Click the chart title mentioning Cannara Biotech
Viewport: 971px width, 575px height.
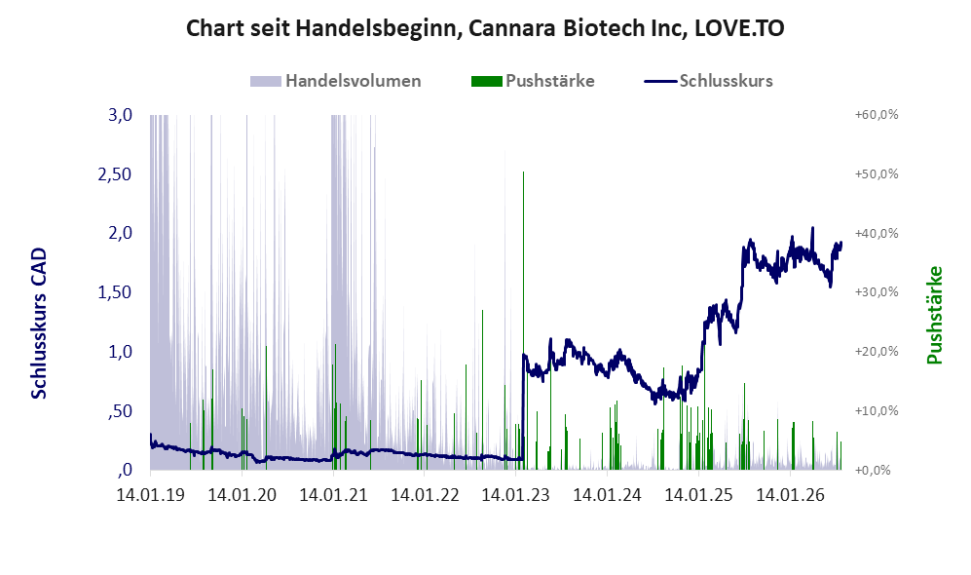pos(485,28)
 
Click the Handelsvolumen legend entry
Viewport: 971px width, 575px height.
pos(336,81)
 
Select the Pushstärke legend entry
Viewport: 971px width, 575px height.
pos(533,81)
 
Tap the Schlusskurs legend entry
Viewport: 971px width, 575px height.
pos(708,81)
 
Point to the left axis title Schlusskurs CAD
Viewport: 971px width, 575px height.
pos(38,324)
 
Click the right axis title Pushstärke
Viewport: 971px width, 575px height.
pos(934,316)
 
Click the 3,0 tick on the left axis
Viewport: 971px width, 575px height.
pos(120,115)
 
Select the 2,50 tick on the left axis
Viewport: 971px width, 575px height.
pos(115,174)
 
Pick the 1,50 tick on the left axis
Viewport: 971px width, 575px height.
pos(115,292)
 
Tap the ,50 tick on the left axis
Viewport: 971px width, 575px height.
pos(120,411)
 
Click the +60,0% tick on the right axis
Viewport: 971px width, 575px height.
pos(877,115)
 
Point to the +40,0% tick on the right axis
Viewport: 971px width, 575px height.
pos(877,234)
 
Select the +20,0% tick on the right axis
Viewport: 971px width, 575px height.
pos(877,351)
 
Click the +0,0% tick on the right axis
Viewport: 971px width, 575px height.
pos(874,471)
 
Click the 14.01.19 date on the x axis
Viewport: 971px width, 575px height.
pos(151,495)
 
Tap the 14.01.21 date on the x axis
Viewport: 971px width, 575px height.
pos(333,495)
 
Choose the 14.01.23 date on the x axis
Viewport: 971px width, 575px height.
pos(515,495)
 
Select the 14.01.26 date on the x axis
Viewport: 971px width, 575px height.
pos(790,495)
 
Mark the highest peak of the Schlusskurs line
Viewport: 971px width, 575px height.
pos(812,228)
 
